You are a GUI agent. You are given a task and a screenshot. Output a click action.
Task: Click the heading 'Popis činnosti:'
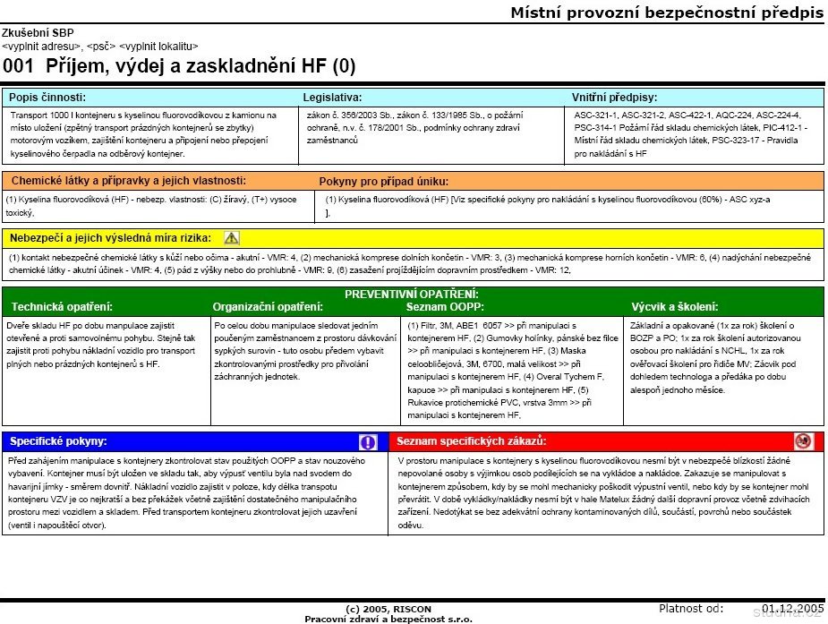pyautogui.click(x=48, y=97)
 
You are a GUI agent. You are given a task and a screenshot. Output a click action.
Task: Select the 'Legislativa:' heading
pyautogui.click(x=332, y=97)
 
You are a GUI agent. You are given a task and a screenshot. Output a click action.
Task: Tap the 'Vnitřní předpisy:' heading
pyautogui.click(x=613, y=97)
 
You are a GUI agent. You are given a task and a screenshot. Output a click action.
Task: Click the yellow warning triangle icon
pyautogui.click(x=232, y=238)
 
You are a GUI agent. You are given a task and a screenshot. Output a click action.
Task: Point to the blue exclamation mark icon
pyautogui.click(x=368, y=441)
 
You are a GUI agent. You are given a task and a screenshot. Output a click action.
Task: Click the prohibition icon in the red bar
pyautogui.click(x=803, y=441)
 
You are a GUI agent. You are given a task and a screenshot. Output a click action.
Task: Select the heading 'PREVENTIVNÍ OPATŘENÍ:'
pyautogui.click(x=412, y=294)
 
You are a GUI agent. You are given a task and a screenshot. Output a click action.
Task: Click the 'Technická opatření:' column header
pyautogui.click(x=62, y=306)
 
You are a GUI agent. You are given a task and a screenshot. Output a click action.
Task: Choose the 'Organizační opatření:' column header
pyautogui.click(x=268, y=306)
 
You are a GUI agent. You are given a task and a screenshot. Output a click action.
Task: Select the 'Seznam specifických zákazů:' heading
pyautogui.click(x=471, y=441)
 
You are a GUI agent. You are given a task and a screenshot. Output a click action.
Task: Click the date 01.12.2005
pyautogui.click(x=792, y=608)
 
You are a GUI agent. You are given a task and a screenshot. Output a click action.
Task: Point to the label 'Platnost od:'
pyautogui.click(x=690, y=608)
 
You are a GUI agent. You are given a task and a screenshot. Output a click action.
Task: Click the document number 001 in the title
pyautogui.click(x=18, y=65)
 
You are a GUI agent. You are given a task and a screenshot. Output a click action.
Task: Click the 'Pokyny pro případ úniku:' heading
pyautogui.click(x=383, y=181)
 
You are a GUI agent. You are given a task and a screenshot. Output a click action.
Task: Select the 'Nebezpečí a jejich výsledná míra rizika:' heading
pyautogui.click(x=110, y=238)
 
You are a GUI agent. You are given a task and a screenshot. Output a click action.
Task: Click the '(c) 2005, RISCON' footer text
pyautogui.click(x=388, y=610)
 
